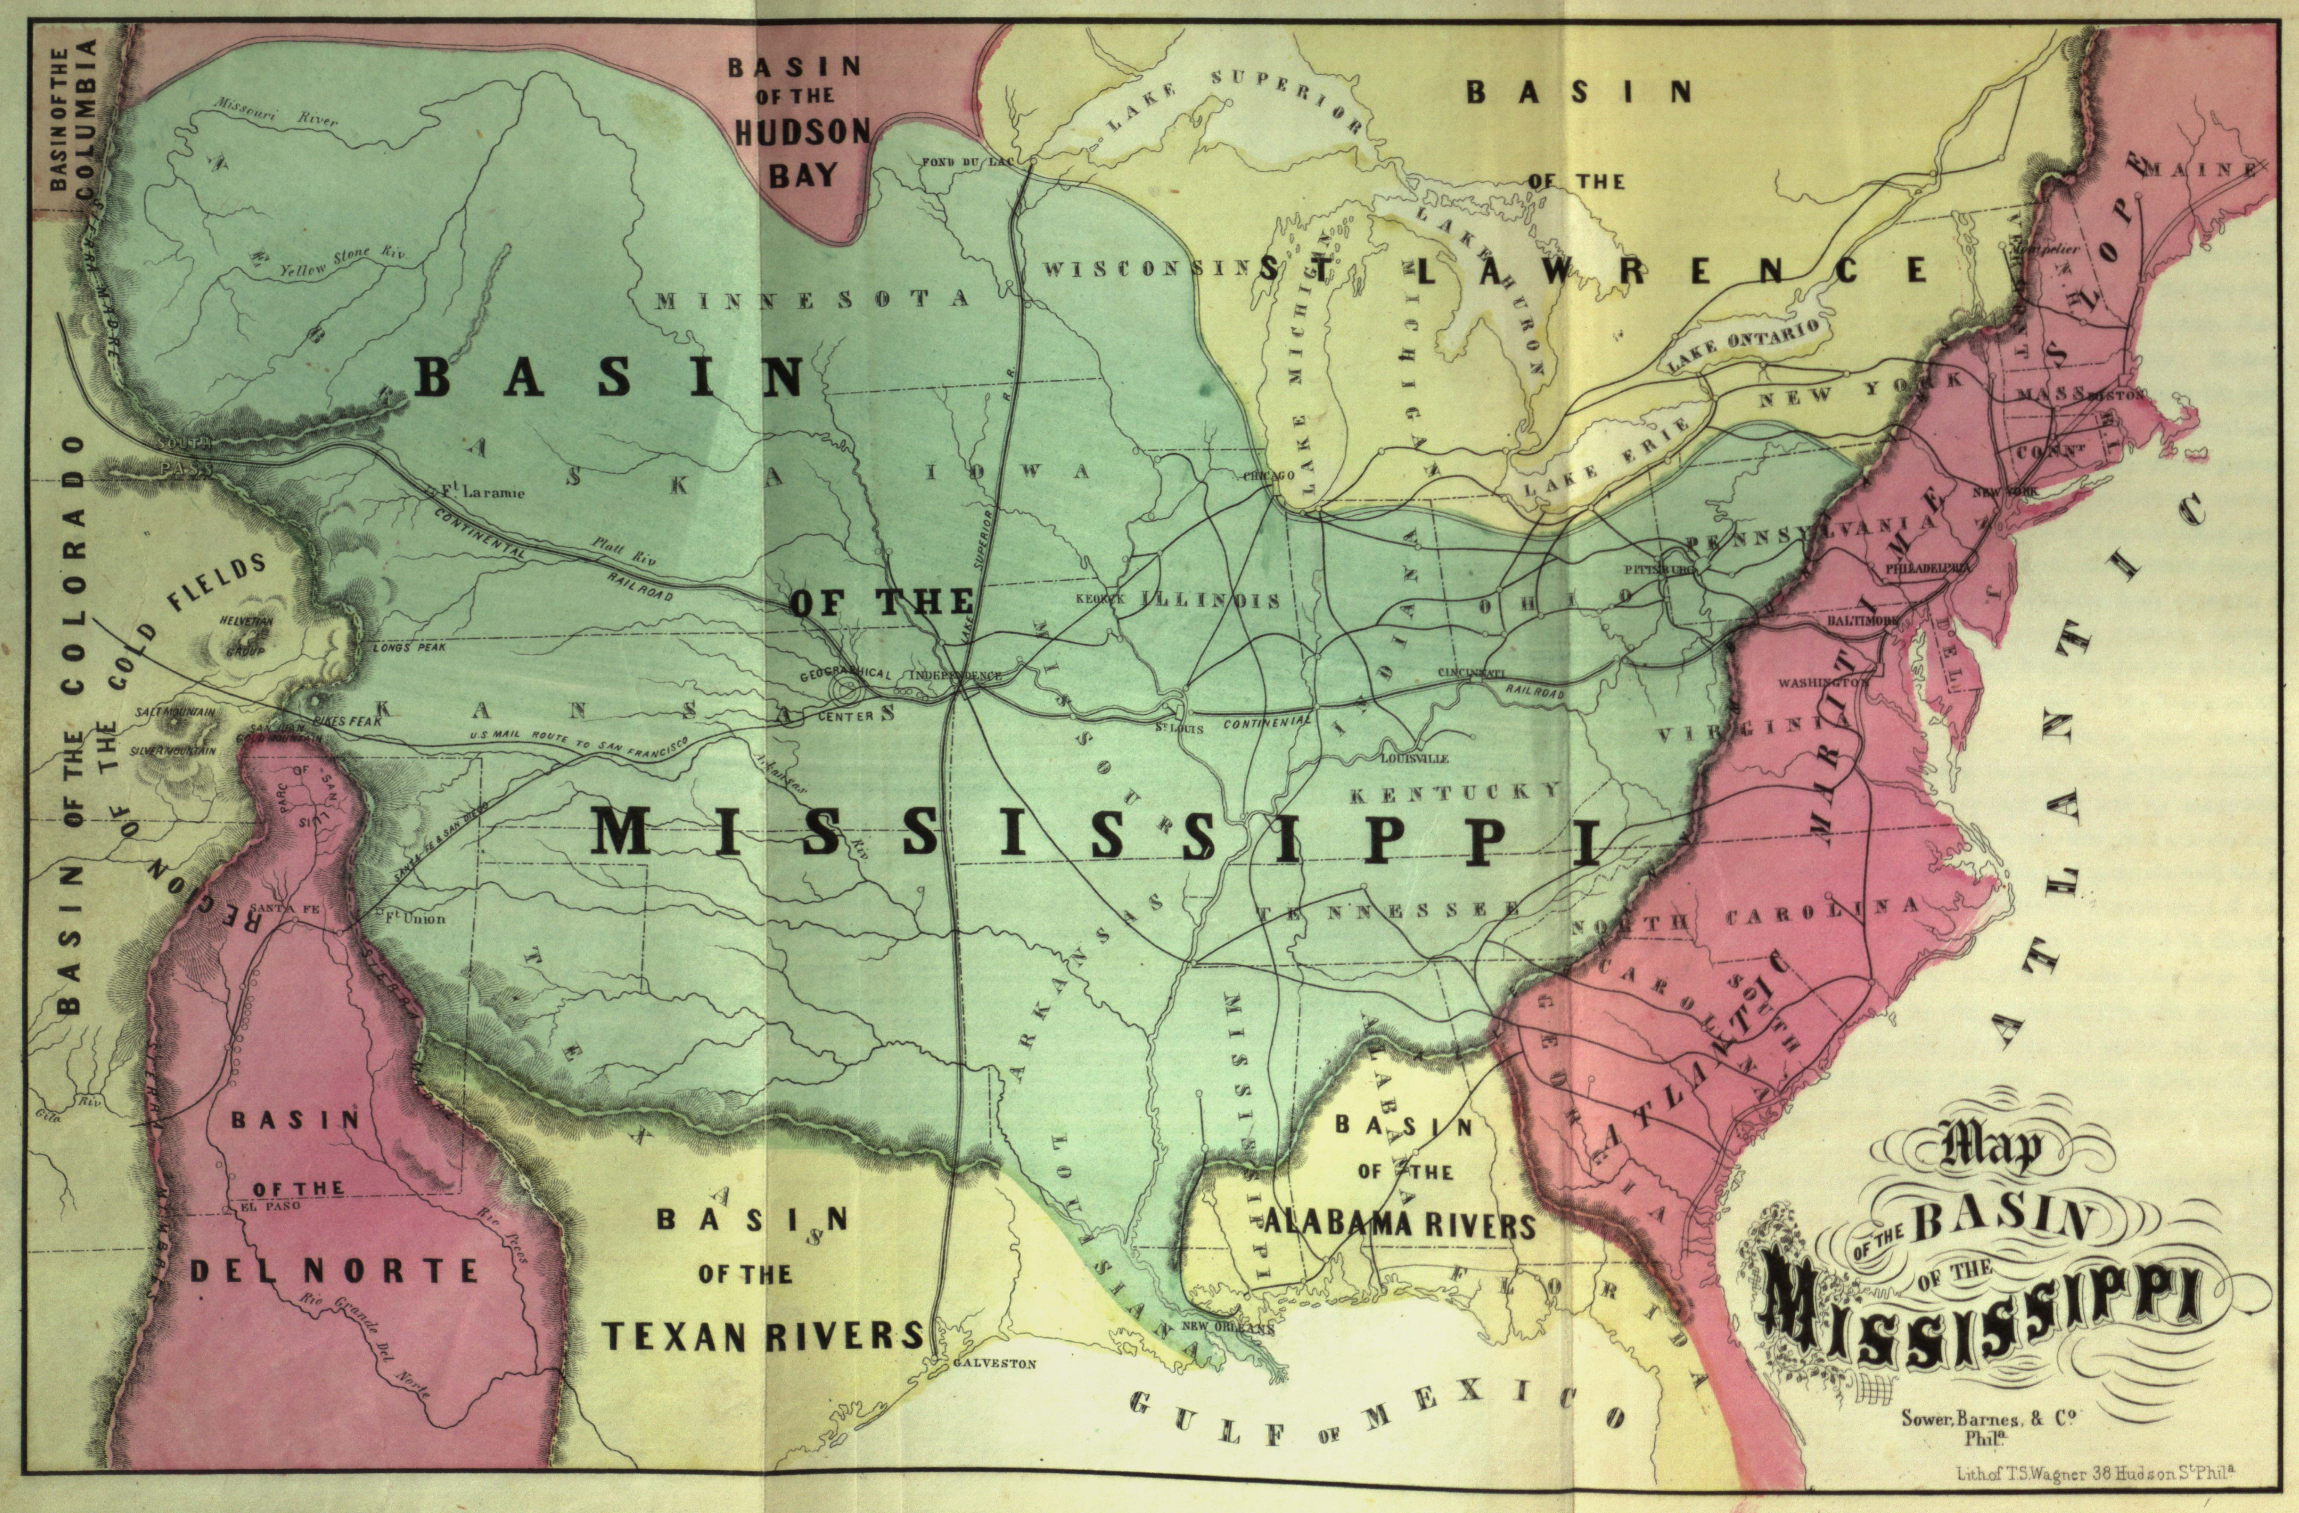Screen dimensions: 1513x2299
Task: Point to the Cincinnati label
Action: [1471, 671]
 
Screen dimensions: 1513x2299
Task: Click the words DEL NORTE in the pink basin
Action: [333, 1270]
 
